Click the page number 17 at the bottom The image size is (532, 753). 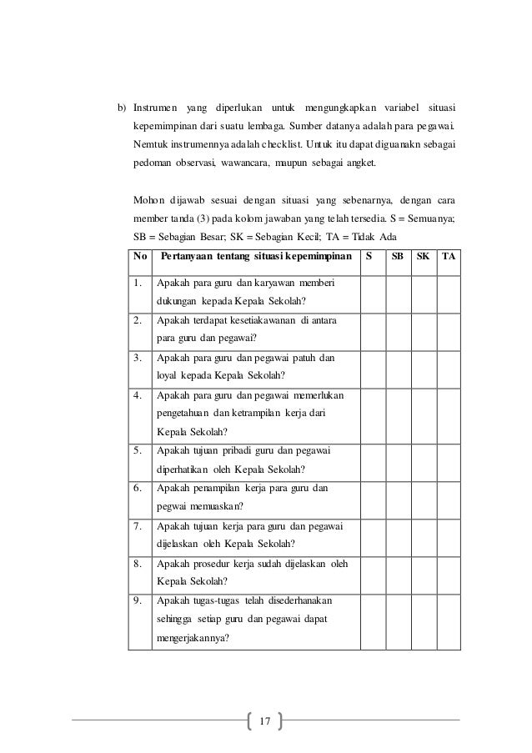click(x=265, y=720)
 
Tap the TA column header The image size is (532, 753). click(x=449, y=256)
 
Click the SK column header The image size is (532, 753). click(x=423, y=256)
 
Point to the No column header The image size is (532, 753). click(x=138, y=256)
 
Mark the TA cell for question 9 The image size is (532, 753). click(x=449, y=620)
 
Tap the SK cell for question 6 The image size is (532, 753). click(x=423, y=497)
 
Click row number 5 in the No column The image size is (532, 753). click(x=138, y=451)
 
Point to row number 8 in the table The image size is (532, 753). click(x=138, y=564)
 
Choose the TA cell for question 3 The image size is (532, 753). click(x=449, y=366)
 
